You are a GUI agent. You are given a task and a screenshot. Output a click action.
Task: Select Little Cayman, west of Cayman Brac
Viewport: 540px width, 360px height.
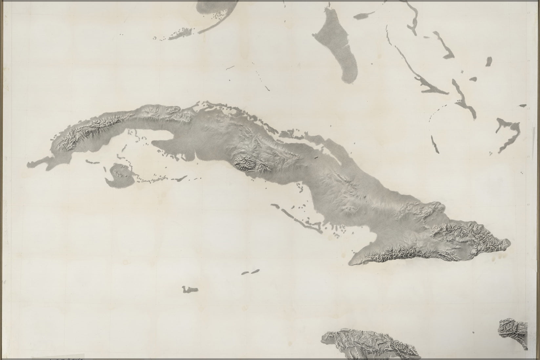pyautogui.click(x=245, y=273)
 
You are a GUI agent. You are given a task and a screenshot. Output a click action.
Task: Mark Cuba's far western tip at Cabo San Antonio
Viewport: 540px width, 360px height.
pyautogui.click(x=29, y=164)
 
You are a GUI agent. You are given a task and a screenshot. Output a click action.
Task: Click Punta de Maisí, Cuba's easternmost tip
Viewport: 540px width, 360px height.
pyautogui.click(x=509, y=243)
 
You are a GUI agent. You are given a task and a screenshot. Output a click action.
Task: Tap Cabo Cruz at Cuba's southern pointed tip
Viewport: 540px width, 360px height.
pyautogui.click(x=350, y=263)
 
